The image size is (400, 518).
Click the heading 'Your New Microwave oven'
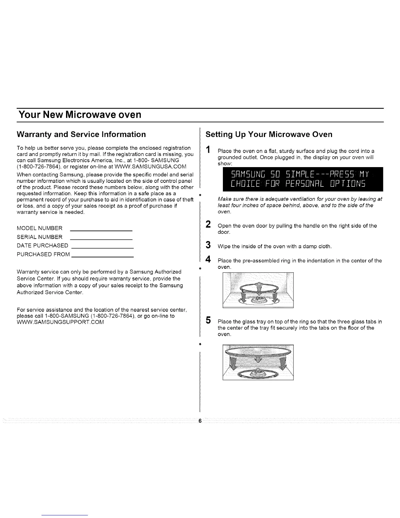[x=80, y=115]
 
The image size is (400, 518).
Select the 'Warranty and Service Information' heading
[x=81, y=134]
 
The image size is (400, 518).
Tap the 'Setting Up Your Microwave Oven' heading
[x=269, y=134]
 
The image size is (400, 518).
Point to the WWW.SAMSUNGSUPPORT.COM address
[x=60, y=322]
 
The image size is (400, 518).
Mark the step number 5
[x=208, y=320]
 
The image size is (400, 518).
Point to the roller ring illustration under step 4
[x=258, y=290]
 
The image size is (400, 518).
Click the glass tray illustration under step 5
[x=258, y=363]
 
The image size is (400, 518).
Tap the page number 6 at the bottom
[x=200, y=421]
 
